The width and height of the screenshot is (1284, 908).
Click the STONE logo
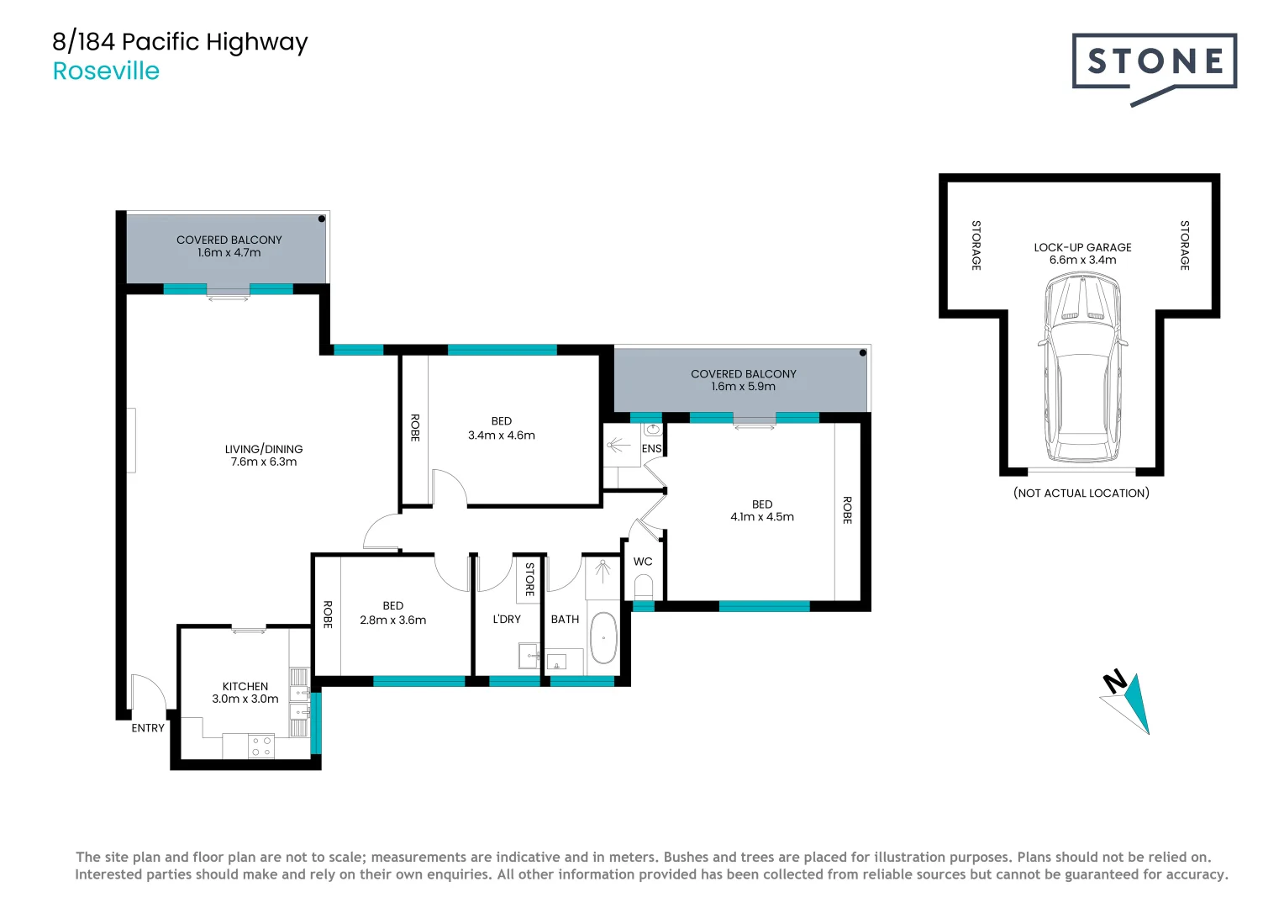click(1154, 62)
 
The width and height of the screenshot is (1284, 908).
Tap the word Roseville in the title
click(106, 71)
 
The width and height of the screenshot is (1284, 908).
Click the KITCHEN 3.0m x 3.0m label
click(245, 693)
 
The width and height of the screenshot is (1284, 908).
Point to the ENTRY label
click(148, 728)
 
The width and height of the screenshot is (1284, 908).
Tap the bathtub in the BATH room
click(603, 638)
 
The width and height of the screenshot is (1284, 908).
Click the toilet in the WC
click(644, 585)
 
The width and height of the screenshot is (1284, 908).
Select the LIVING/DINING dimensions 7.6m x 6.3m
click(264, 462)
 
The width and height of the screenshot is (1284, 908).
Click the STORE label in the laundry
click(529, 578)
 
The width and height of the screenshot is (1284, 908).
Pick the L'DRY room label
click(507, 619)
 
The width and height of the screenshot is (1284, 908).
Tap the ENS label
click(651, 449)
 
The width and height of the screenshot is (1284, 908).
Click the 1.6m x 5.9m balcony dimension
click(743, 387)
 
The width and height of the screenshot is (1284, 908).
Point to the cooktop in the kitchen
click(261, 746)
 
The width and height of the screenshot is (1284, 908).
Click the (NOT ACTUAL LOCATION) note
click(1081, 494)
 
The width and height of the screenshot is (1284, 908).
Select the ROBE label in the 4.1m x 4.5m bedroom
click(847, 510)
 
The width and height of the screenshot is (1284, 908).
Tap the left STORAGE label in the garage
click(976, 245)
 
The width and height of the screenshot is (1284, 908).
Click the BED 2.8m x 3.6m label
click(392, 613)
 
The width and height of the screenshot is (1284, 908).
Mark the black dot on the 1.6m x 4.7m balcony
click(321, 219)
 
